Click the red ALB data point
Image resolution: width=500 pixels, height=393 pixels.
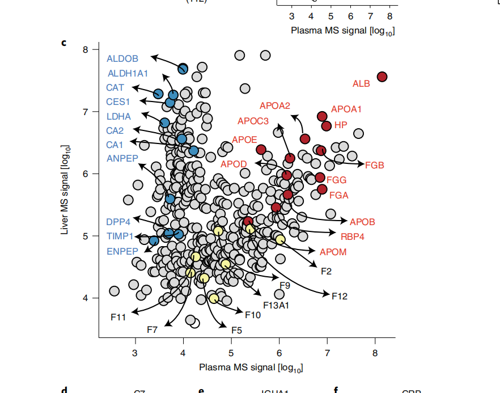tap(382, 77)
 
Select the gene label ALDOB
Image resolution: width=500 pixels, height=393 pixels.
tap(122, 58)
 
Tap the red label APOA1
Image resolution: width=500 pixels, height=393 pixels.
tap(346, 109)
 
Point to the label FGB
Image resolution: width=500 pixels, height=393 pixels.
tap(374, 166)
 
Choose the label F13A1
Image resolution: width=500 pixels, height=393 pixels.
tap(276, 305)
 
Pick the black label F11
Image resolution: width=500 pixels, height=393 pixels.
tap(118, 316)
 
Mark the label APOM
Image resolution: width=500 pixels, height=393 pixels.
tap(333, 252)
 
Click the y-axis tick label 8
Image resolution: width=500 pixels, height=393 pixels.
tap(86, 49)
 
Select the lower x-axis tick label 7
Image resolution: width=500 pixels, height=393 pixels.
tap(327, 353)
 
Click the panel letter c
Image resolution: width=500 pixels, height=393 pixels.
tap(64, 43)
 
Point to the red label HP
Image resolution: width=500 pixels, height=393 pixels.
tap(341, 125)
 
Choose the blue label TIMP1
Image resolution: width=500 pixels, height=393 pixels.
tap(120, 236)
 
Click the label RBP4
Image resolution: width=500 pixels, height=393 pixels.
tap(352, 236)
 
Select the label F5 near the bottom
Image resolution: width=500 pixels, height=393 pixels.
tap(237, 329)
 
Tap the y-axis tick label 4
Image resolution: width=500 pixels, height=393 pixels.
tap(86, 298)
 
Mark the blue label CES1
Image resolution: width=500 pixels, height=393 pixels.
tap(118, 102)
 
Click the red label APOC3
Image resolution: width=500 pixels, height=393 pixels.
tap(253, 121)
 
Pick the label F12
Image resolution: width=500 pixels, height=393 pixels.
tap(340, 296)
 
